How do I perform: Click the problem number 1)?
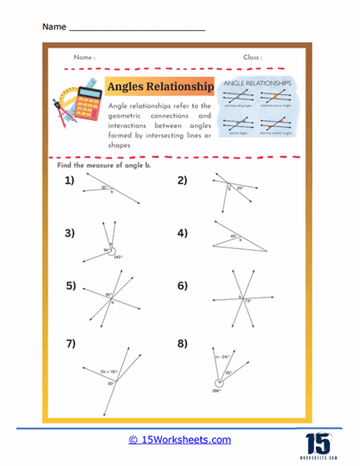pyautogui.click(x=68, y=181)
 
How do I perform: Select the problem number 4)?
pyautogui.click(x=183, y=233)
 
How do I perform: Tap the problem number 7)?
pyautogui.click(x=68, y=343)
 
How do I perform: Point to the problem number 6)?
pyautogui.click(x=183, y=286)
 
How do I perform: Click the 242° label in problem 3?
pyautogui.click(x=118, y=257)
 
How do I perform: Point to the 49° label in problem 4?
pyautogui.click(x=233, y=235)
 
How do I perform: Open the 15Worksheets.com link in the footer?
pyautogui.click(x=179, y=440)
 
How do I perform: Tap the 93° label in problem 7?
pyautogui.click(x=111, y=383)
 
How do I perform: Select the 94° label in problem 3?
pyautogui.click(x=106, y=250)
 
